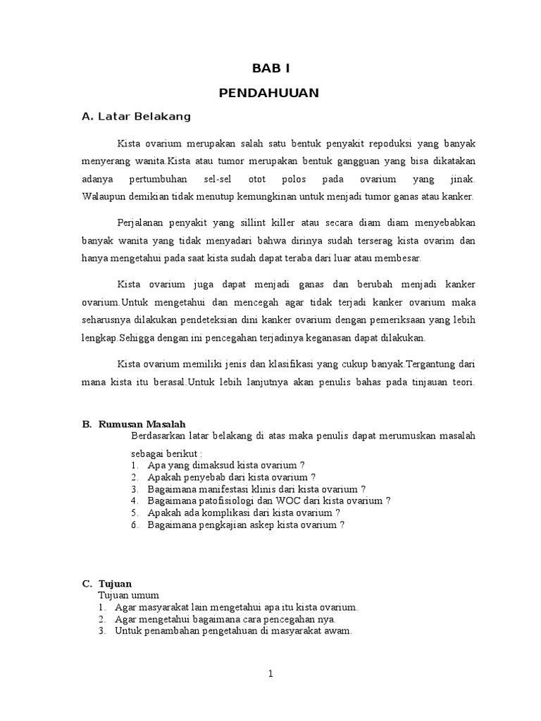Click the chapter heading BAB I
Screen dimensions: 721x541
pos(270,68)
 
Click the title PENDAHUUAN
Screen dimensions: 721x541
pos(270,92)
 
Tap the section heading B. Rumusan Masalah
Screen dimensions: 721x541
pos(134,424)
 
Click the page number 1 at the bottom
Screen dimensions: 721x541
pos(270,674)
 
